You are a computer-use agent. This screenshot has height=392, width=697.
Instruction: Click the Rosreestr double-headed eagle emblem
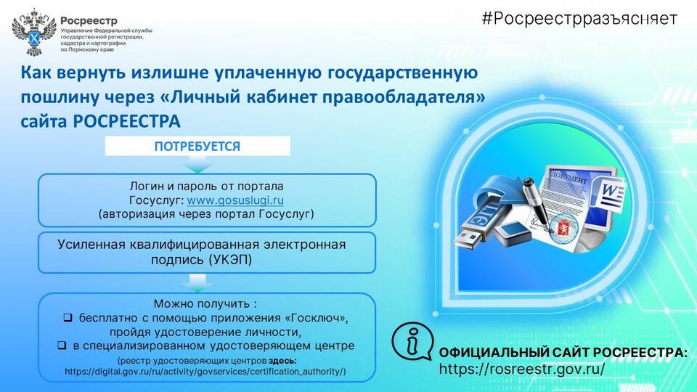click(x=34, y=32)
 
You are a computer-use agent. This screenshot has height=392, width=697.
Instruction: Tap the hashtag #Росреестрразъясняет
click(x=579, y=19)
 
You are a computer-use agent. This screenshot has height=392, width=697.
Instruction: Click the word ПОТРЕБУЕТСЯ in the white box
click(x=197, y=146)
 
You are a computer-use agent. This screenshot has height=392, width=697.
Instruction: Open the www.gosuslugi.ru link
click(x=235, y=200)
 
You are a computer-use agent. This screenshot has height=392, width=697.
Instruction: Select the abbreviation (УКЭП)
click(x=230, y=259)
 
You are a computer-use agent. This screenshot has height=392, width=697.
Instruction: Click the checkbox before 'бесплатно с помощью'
click(x=68, y=318)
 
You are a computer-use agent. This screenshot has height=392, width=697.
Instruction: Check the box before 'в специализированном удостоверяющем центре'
click(x=62, y=346)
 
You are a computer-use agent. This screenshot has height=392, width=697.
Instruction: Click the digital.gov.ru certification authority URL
click(x=205, y=371)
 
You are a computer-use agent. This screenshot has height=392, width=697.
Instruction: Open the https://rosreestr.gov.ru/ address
click(x=522, y=369)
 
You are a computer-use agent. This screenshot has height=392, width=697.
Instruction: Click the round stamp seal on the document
click(x=563, y=226)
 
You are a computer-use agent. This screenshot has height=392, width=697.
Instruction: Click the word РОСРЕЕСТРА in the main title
click(x=126, y=121)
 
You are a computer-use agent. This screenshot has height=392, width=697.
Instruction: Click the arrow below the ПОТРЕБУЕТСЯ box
click(x=197, y=166)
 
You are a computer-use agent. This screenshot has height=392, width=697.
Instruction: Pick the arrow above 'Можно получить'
click(x=197, y=283)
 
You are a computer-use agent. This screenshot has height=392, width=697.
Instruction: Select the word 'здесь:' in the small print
click(x=282, y=360)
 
